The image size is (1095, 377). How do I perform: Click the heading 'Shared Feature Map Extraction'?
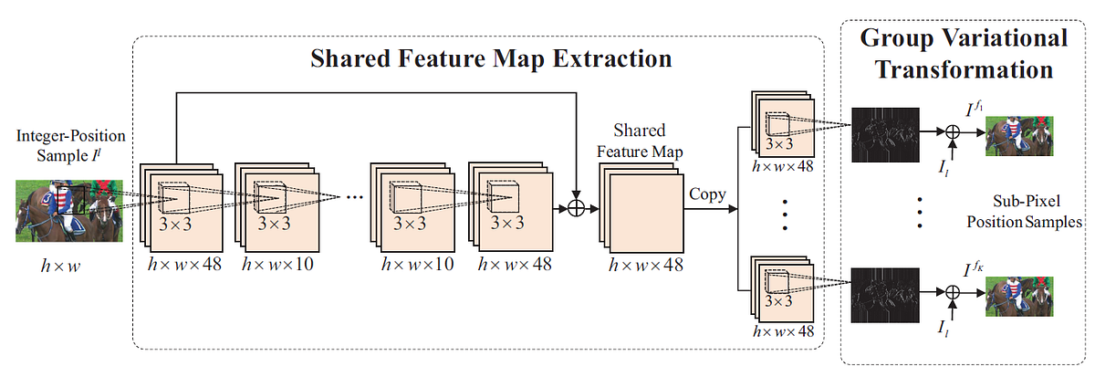point(492,60)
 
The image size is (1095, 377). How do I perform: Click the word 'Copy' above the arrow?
point(707,195)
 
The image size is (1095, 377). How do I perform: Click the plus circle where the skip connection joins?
point(576,208)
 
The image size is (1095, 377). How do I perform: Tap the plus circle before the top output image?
point(953,132)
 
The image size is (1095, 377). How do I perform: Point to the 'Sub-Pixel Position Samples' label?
point(1034,211)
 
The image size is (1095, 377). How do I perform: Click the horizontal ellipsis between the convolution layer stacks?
point(350,196)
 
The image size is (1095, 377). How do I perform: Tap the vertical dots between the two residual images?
point(919,211)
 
